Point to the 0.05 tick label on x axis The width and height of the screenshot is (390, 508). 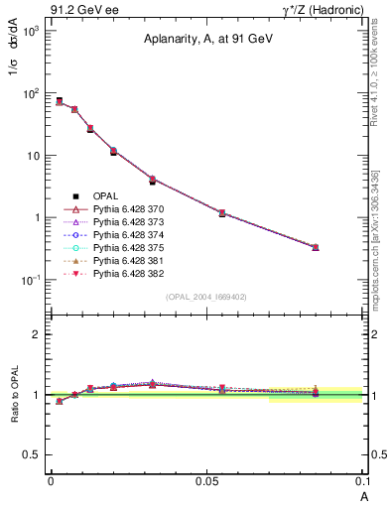(x=206, y=480)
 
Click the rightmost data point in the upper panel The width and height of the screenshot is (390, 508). (x=316, y=247)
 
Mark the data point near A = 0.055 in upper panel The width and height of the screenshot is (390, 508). (x=222, y=213)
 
